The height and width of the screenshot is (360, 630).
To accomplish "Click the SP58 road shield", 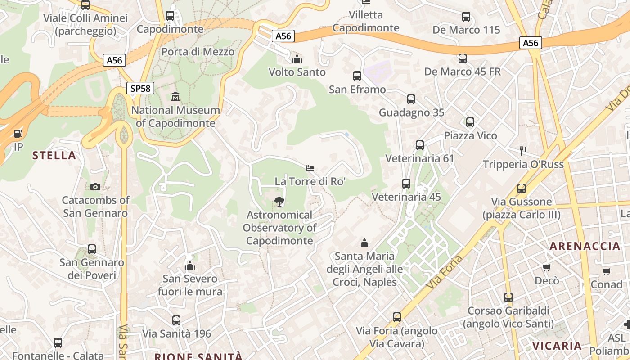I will pyautogui.click(x=140, y=88).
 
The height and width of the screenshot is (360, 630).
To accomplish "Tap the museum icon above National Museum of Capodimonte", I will pyautogui.click(x=175, y=96).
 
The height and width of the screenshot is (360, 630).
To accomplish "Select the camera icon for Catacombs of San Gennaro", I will pyautogui.click(x=95, y=187).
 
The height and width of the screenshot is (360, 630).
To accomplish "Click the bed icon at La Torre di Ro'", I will pyautogui.click(x=310, y=168).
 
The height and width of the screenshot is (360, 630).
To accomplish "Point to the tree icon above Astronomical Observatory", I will pyautogui.click(x=279, y=201).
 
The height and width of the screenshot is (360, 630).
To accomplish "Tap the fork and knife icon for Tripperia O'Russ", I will pyautogui.click(x=523, y=150).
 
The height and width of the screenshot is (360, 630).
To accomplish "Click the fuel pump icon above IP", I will pyautogui.click(x=18, y=134).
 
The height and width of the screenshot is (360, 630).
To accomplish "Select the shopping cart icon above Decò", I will pyautogui.click(x=547, y=267).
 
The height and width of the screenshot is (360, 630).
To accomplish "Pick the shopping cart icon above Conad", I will pyautogui.click(x=607, y=271).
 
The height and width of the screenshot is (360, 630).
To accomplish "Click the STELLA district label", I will pyautogui.click(x=54, y=156).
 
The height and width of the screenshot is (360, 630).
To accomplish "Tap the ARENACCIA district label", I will pyautogui.click(x=585, y=246).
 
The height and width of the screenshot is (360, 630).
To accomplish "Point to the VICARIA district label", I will pyautogui.click(x=557, y=346).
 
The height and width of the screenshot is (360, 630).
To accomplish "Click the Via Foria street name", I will pyautogui.click(x=445, y=272).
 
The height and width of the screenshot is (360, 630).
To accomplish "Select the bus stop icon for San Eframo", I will pyautogui.click(x=357, y=76).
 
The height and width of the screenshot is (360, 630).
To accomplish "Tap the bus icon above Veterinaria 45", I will pyautogui.click(x=406, y=183).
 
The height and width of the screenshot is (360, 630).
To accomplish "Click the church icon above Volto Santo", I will pyautogui.click(x=297, y=59).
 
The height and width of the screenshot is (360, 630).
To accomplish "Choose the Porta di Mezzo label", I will pyautogui.click(x=198, y=52).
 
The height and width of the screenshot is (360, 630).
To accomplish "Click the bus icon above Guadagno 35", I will pyautogui.click(x=411, y=99).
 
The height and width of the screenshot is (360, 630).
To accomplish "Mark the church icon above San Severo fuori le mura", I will pyautogui.click(x=190, y=265).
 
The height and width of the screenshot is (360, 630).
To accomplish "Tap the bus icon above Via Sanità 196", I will pyautogui.click(x=176, y=320).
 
